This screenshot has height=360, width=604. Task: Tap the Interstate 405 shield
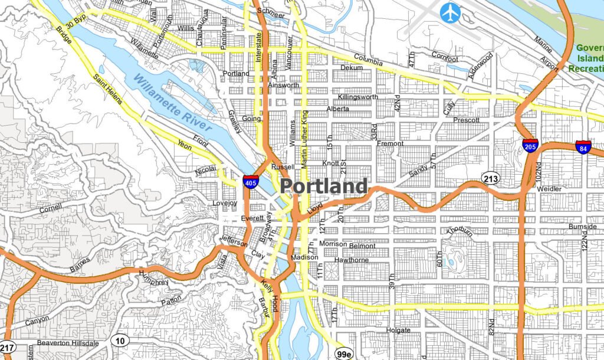[x=250, y=181]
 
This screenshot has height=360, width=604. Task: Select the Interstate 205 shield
[x=530, y=146]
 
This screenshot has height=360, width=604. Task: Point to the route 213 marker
[x=490, y=178]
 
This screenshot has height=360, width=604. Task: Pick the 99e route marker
[x=343, y=354]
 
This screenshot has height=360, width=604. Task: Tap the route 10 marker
[x=120, y=340]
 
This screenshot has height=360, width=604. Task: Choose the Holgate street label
[x=398, y=330]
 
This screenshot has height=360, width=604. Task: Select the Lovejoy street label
[x=225, y=203]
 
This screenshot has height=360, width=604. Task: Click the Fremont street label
[x=390, y=143]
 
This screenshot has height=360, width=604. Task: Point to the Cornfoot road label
[x=444, y=59]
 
